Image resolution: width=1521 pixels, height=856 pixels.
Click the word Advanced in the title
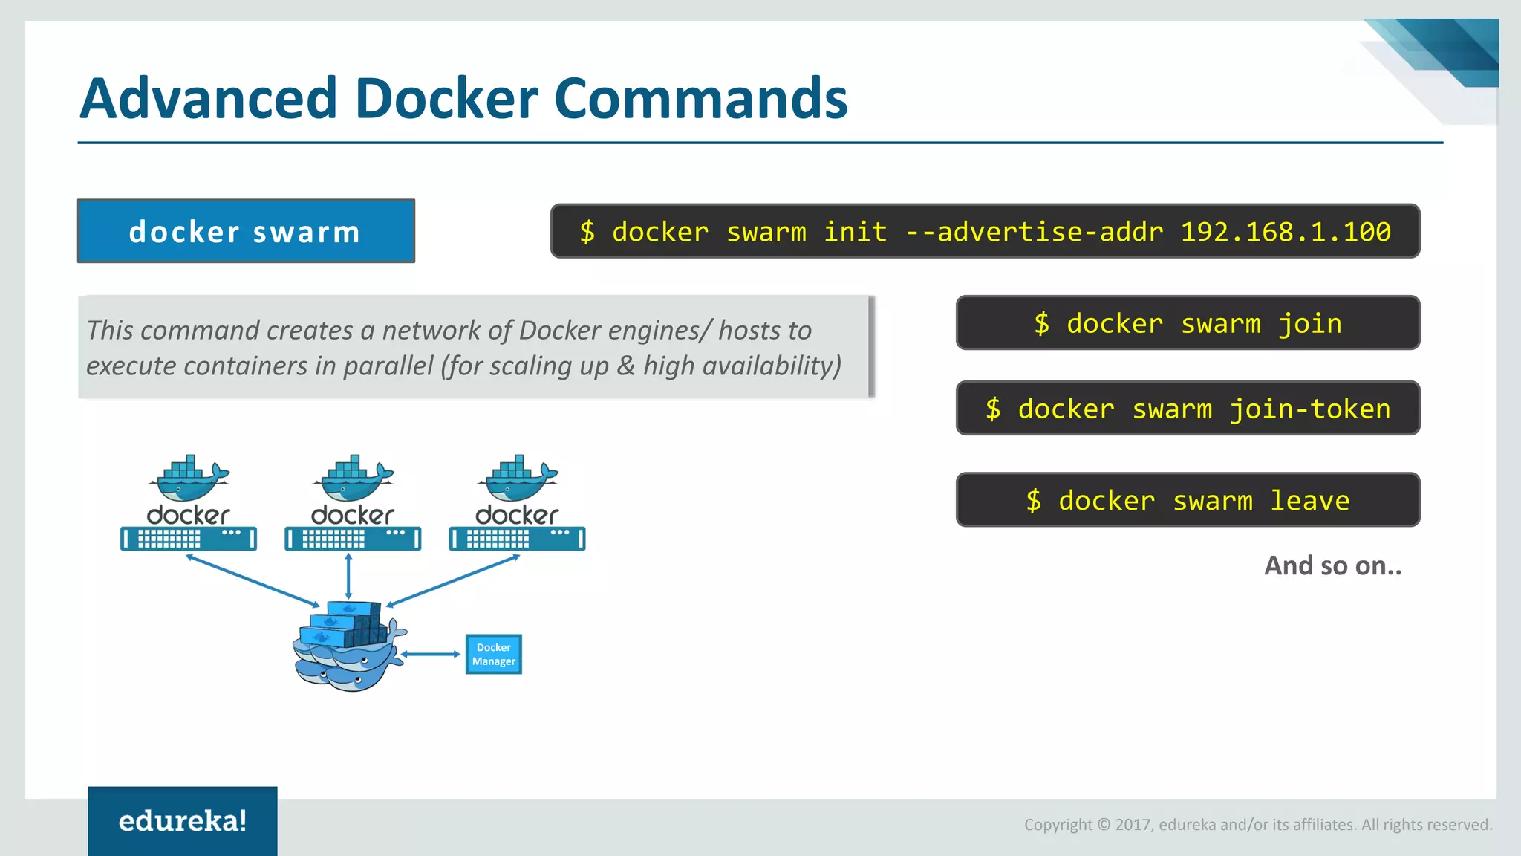[x=209, y=98]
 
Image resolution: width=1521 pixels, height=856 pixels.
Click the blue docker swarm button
[x=246, y=231]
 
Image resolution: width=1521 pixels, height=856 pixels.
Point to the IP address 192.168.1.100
[x=1286, y=232]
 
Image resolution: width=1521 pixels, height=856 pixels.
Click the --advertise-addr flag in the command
[x=1034, y=232]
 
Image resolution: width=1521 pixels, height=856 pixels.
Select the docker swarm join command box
[x=1188, y=323]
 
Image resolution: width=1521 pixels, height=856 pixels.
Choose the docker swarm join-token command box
[x=1188, y=409]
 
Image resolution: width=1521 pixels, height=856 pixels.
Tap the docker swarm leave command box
[x=1188, y=500]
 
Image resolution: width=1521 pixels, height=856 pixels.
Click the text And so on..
[x=1332, y=565]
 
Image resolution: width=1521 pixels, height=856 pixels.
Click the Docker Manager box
[x=494, y=654]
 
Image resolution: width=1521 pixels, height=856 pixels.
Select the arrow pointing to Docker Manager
[x=431, y=654]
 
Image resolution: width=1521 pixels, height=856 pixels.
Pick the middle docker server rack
[x=353, y=538]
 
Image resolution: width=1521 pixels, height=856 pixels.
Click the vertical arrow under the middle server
[x=348, y=576]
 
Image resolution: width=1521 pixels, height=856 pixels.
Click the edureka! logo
[x=183, y=821]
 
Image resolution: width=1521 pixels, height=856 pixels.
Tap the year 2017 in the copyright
[x=1133, y=825]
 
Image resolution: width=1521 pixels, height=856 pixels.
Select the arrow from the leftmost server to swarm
[x=253, y=580]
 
